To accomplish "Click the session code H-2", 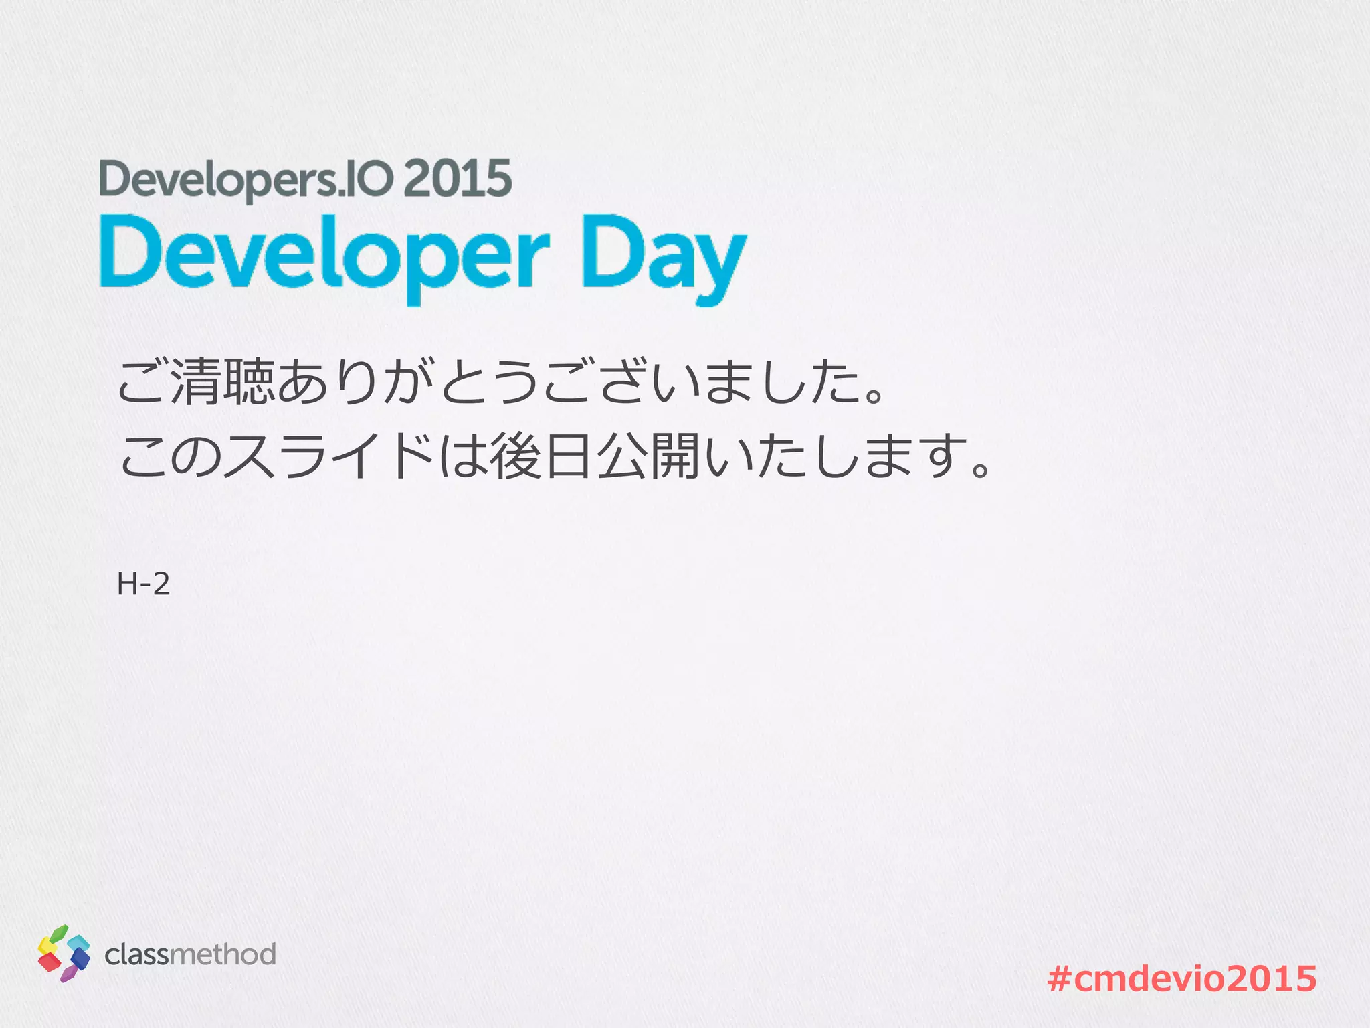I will (x=143, y=584).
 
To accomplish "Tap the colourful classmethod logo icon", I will (x=64, y=953).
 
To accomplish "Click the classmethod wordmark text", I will (x=191, y=954).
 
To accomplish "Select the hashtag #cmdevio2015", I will (x=1182, y=978).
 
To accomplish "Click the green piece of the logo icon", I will (x=59, y=933).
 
